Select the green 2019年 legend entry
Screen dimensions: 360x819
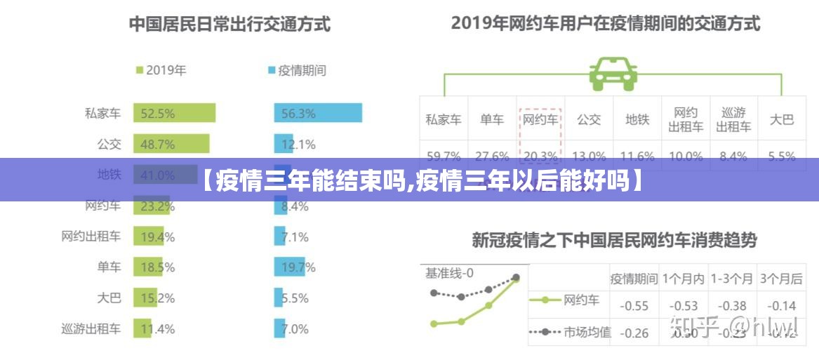(x=161, y=70)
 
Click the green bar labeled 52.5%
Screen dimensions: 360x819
(x=174, y=114)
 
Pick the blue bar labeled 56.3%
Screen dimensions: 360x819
(x=317, y=114)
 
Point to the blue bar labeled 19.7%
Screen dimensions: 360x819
(x=294, y=267)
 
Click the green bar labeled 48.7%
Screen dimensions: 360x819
(x=171, y=145)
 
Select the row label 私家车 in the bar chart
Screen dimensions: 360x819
(x=102, y=114)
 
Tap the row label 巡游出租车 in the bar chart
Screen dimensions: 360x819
(x=91, y=328)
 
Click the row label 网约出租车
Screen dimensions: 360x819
(x=91, y=236)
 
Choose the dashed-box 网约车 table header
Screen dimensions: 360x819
(x=540, y=119)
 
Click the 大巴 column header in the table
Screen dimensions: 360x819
(x=780, y=119)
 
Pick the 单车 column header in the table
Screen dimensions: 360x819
(x=492, y=119)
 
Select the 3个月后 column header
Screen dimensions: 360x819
(x=781, y=279)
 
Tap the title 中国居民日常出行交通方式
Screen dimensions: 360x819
(x=229, y=25)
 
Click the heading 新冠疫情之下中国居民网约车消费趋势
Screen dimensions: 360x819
(x=614, y=241)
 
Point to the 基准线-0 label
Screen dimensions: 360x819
(x=449, y=273)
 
